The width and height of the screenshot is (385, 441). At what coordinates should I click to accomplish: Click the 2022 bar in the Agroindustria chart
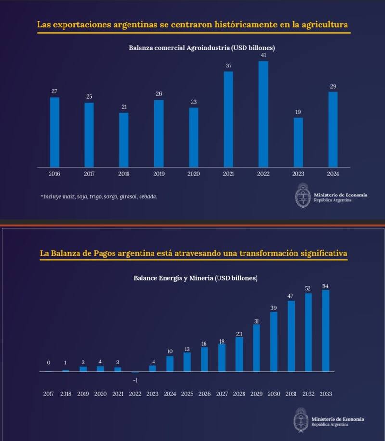click(x=263, y=114)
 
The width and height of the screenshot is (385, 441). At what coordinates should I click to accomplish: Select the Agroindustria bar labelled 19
click(x=298, y=142)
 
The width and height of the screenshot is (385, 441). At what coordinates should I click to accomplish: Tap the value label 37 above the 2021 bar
click(x=228, y=65)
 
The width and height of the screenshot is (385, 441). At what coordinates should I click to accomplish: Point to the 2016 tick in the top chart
click(x=54, y=174)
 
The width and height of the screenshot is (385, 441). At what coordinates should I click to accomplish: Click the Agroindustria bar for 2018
click(x=124, y=140)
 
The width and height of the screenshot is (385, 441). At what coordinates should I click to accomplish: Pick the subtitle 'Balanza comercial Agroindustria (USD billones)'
click(x=202, y=48)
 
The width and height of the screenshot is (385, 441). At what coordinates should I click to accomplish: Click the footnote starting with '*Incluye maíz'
click(x=99, y=196)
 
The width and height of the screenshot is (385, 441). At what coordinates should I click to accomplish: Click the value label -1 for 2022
click(x=135, y=380)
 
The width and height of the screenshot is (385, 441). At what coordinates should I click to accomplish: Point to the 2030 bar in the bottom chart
click(x=273, y=342)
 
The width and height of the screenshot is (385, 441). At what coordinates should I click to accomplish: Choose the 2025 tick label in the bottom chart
click(x=187, y=394)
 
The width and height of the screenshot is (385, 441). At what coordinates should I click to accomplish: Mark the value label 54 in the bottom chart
click(x=326, y=286)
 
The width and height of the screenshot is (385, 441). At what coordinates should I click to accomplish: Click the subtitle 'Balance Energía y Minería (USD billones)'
click(x=195, y=278)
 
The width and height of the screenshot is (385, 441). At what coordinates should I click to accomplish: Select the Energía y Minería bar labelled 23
click(x=239, y=354)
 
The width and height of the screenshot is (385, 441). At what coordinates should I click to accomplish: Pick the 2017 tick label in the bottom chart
click(x=48, y=394)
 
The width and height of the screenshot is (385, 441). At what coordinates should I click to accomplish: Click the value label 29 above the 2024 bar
click(x=333, y=86)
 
